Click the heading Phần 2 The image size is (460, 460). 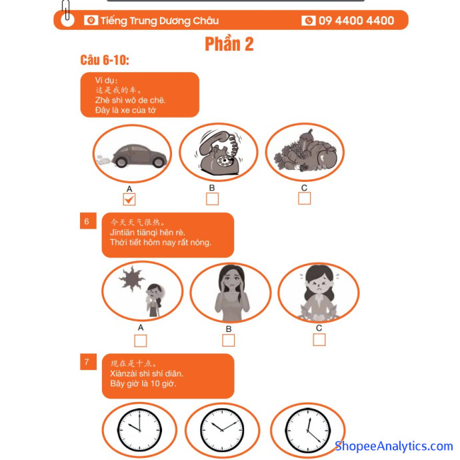[x=229, y=44]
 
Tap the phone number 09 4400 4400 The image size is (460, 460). [x=356, y=21]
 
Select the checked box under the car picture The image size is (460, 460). [x=129, y=199]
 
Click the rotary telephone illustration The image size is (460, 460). [x=219, y=152]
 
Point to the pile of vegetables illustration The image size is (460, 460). [x=305, y=151]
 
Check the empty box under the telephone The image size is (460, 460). [x=212, y=199]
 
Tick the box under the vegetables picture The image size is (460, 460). [x=304, y=198]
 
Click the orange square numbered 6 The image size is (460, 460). [x=88, y=221]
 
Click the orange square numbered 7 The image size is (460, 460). [x=88, y=361]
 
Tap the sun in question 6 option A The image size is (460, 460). [x=132, y=279]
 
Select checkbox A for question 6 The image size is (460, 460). [x=140, y=341]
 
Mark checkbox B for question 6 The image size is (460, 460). [x=228, y=340]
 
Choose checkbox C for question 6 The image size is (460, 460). [x=319, y=340]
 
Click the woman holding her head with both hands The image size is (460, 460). [x=232, y=293]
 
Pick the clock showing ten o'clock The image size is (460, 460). [x=139, y=431]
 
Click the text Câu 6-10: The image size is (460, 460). [x=105, y=60]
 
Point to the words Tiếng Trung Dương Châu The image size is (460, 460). [x=159, y=21]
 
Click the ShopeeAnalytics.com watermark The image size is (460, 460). [x=394, y=446]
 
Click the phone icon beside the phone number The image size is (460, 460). [x=308, y=21]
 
